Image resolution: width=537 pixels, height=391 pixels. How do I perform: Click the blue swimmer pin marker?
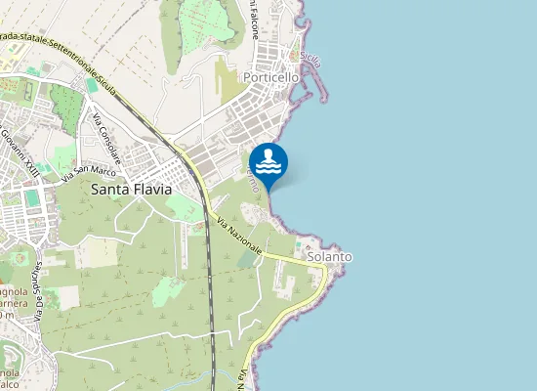tap(268, 162)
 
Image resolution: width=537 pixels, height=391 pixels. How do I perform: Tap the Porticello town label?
tap(271, 76)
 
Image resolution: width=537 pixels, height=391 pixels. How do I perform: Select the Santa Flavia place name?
tap(131, 190)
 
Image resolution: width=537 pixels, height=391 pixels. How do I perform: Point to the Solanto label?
tap(329, 257)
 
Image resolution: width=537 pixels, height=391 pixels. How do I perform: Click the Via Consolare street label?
tap(106, 138)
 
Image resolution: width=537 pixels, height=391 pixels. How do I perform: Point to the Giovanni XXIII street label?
tap(20, 152)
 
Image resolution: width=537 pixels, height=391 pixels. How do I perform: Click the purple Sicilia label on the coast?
tap(311, 57)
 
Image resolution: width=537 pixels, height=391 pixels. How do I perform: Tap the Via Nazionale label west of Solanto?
tap(239, 236)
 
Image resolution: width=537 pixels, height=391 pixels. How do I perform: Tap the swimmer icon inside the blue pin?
tap(268, 159)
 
